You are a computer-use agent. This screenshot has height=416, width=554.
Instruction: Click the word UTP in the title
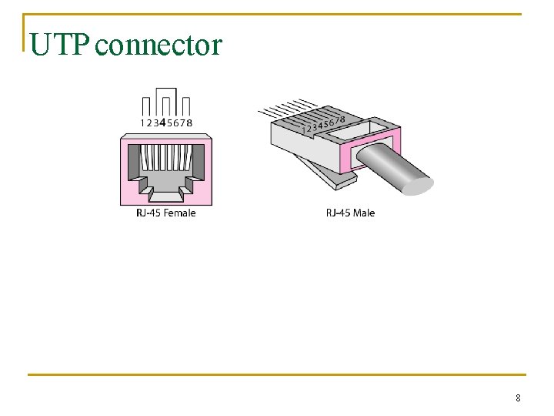click(61, 45)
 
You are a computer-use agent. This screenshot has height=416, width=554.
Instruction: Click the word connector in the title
click(160, 46)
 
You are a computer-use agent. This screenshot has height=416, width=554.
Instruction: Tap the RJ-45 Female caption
click(165, 213)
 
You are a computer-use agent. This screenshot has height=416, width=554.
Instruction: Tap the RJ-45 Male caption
click(350, 213)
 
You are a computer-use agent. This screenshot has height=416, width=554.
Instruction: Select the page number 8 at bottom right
click(518, 398)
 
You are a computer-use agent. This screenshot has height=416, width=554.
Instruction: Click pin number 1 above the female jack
click(142, 122)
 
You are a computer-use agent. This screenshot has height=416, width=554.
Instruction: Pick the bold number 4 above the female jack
click(162, 122)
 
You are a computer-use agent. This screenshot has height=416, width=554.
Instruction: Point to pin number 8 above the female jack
click(190, 122)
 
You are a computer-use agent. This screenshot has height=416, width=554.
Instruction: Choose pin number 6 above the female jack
click(177, 122)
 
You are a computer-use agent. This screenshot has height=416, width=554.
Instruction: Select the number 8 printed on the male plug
click(341, 116)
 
